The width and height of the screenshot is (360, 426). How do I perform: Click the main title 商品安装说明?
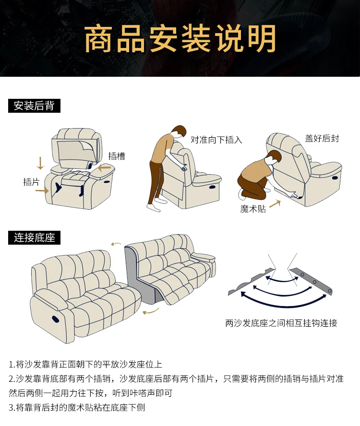[x=180, y=38]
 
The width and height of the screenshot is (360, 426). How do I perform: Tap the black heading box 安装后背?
[x=34, y=106]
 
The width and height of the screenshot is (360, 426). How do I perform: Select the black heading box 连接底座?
[x=34, y=237]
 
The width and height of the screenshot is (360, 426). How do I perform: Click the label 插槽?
[x=117, y=156]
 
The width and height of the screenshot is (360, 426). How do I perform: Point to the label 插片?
[x=31, y=182]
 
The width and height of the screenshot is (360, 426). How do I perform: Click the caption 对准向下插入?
[x=216, y=140]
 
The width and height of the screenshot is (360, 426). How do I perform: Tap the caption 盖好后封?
[x=322, y=138]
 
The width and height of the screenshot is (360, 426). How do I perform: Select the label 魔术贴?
[x=253, y=209]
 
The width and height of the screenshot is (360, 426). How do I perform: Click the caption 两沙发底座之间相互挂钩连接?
[x=281, y=323]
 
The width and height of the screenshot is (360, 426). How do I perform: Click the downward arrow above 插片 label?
[x=40, y=163]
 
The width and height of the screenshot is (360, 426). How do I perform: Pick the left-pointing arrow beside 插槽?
[x=104, y=168]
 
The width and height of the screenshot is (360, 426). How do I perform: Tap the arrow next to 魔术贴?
[x=275, y=203]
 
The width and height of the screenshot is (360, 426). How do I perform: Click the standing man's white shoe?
[x=154, y=208]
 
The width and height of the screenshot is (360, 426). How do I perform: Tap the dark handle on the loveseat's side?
[x=56, y=319]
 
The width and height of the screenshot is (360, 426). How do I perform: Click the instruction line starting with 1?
[x=85, y=364]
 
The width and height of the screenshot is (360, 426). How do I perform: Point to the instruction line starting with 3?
[x=77, y=407]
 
